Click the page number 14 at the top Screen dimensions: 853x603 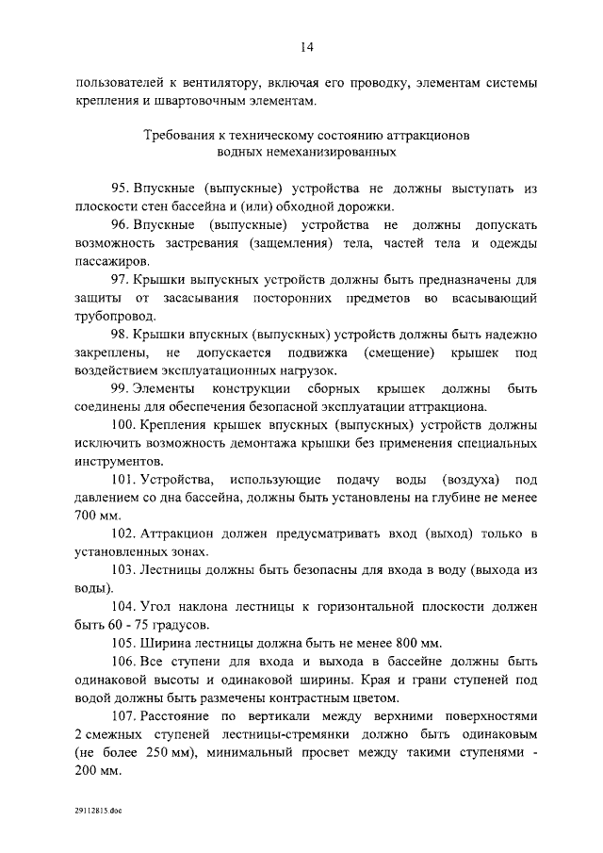click(306, 47)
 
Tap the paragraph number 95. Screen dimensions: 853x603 click(120, 189)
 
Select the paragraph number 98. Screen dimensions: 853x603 click(120, 334)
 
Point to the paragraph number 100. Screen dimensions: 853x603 click(123, 426)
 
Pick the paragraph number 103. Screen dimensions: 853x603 click(123, 570)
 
